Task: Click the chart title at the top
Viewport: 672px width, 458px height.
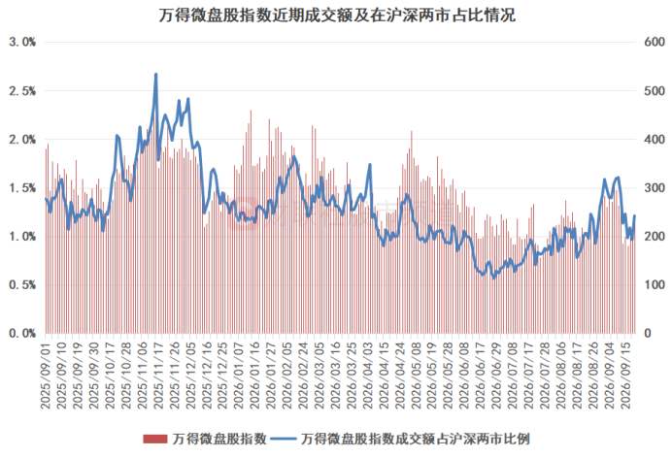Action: (x=337, y=16)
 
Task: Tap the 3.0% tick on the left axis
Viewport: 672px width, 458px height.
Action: (x=22, y=42)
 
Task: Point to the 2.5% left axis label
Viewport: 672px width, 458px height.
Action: (x=22, y=91)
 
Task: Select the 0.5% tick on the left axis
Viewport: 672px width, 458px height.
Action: (x=22, y=284)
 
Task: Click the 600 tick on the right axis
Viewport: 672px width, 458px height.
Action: (x=655, y=42)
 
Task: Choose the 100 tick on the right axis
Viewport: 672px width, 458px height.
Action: (x=655, y=284)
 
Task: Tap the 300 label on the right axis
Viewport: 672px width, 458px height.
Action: (x=655, y=187)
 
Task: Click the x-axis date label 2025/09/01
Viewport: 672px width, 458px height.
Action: (x=46, y=375)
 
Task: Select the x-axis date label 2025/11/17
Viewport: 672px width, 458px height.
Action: (x=158, y=375)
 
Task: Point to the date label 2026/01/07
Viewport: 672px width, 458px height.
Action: (x=239, y=375)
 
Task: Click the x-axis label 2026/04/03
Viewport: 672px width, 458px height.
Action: (x=369, y=375)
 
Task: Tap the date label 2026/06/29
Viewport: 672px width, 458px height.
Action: (x=497, y=375)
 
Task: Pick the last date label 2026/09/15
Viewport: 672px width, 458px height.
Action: (x=626, y=375)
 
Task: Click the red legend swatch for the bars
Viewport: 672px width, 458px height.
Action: (x=154, y=439)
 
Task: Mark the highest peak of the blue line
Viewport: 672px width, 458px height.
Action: (x=156, y=74)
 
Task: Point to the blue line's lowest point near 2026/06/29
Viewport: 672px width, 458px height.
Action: (x=494, y=278)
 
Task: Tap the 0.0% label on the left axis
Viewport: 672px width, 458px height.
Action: (x=22, y=333)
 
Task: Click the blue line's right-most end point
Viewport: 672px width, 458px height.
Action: (x=634, y=215)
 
